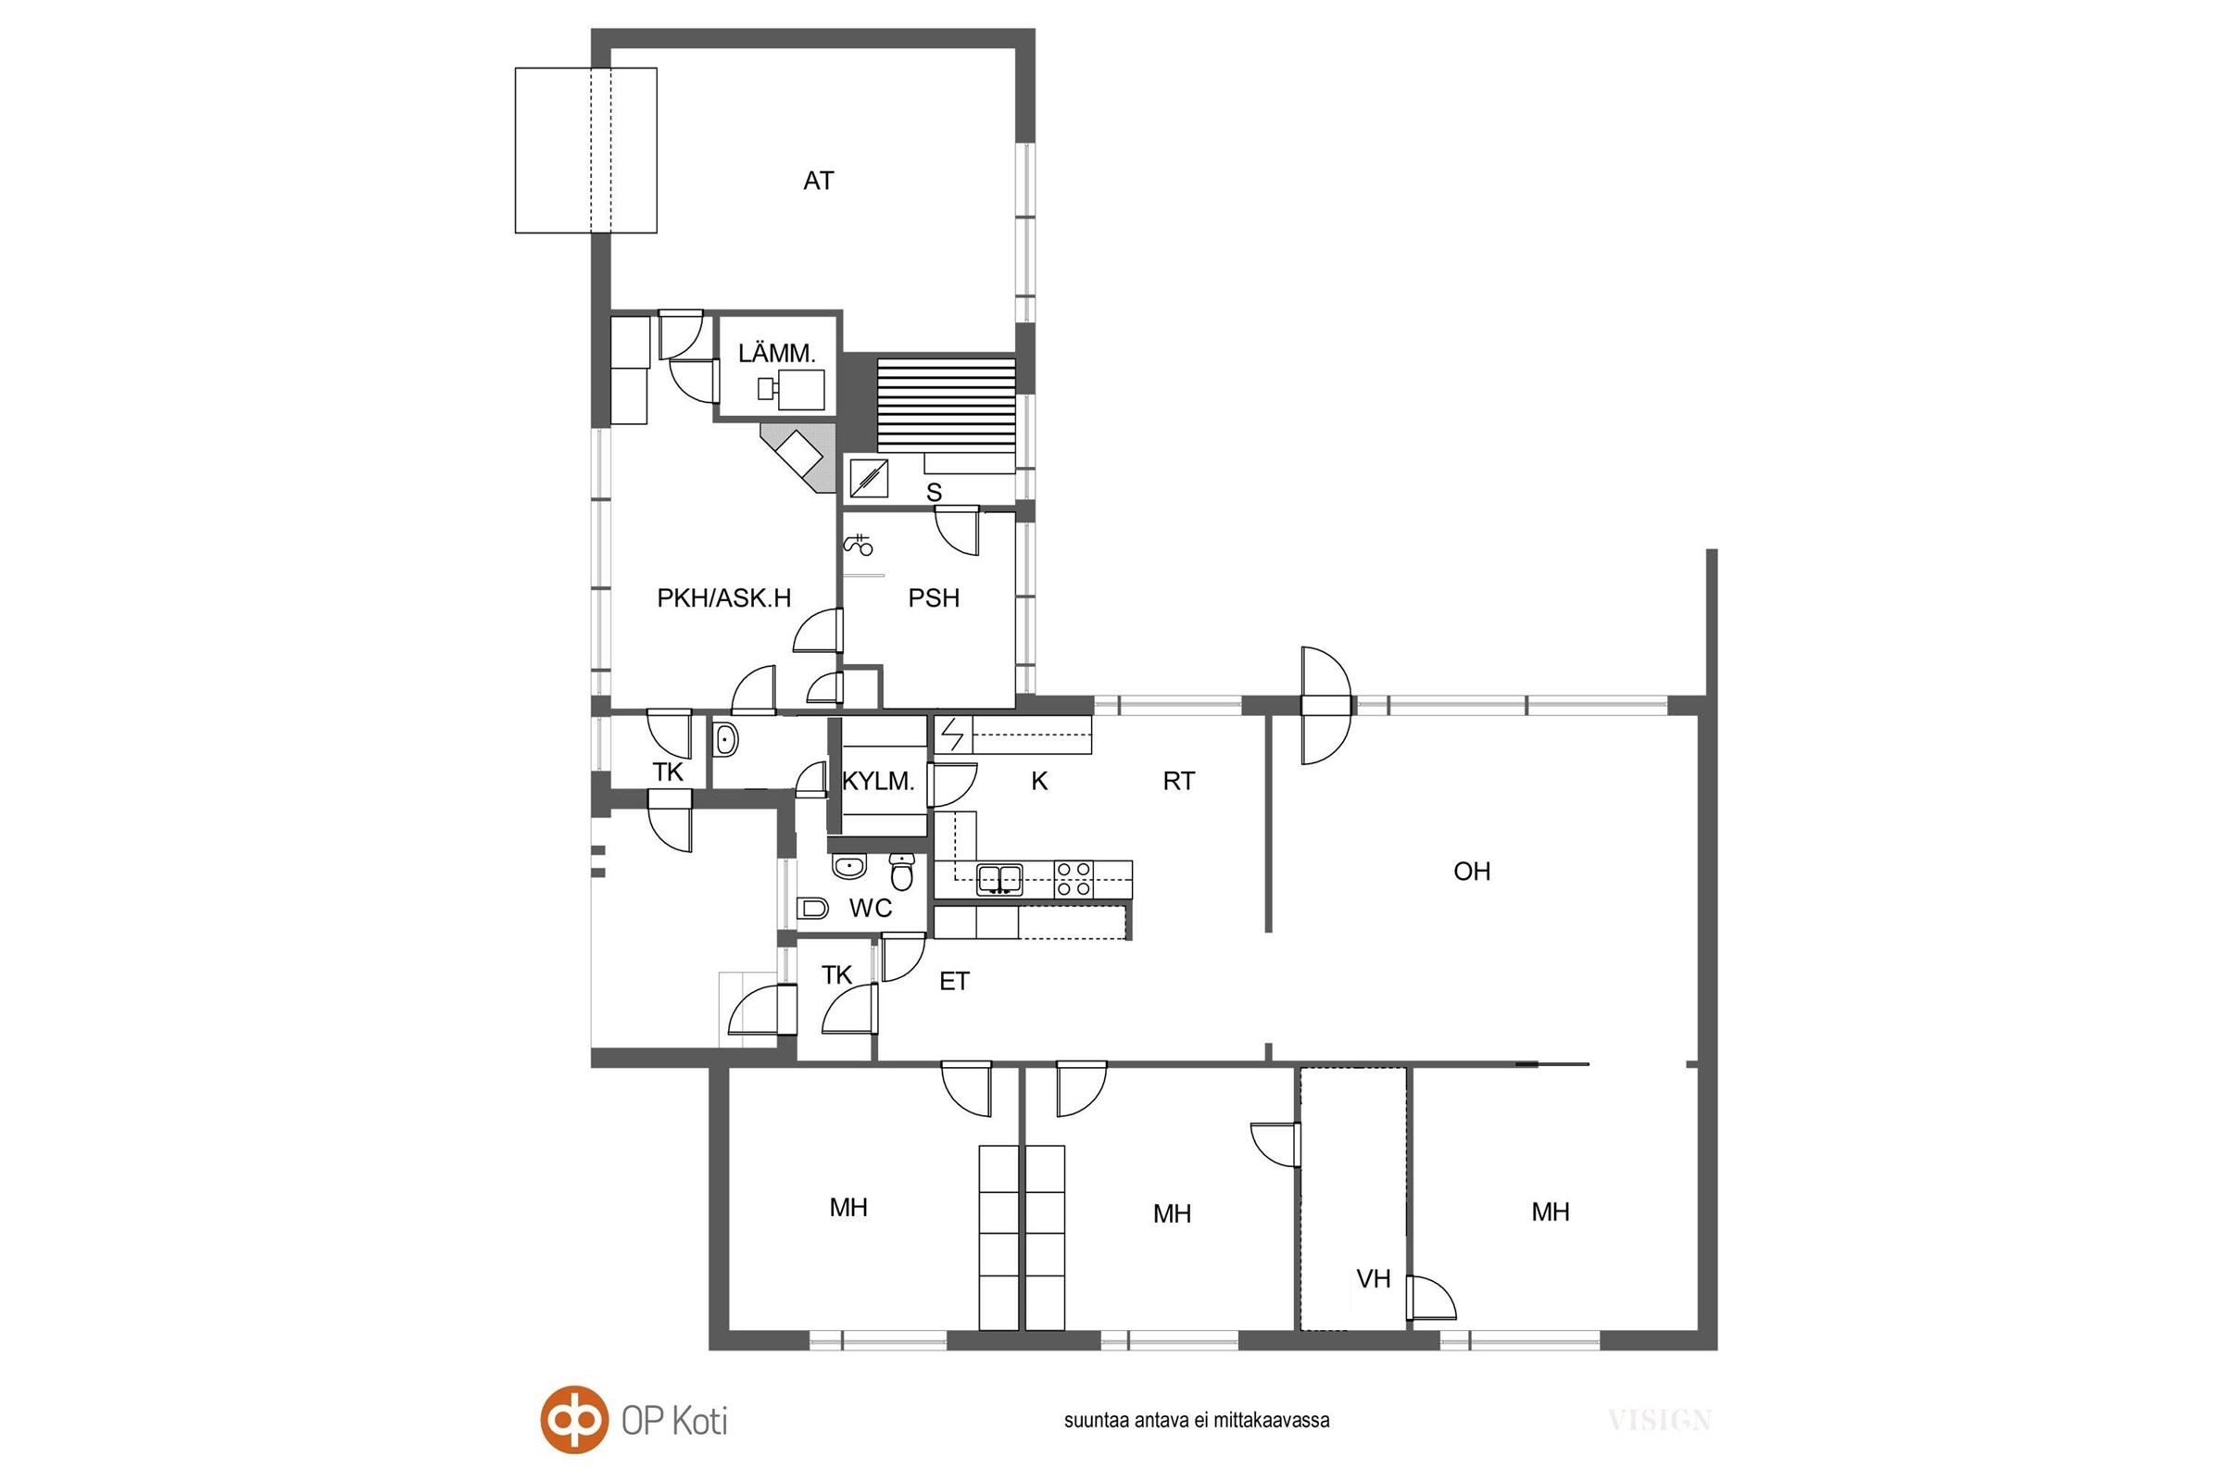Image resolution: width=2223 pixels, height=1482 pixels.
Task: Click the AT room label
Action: (819, 181)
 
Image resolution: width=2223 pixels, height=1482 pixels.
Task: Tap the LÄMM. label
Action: (776, 354)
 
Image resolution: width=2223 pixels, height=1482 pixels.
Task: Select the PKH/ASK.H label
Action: (724, 597)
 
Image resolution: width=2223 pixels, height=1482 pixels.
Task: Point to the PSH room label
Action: (934, 597)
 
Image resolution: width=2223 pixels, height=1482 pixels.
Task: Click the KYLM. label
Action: (878, 782)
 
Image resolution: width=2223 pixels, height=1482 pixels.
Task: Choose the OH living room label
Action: (1472, 872)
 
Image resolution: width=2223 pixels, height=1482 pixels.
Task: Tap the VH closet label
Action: (1374, 1279)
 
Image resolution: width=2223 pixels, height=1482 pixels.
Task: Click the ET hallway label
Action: (955, 982)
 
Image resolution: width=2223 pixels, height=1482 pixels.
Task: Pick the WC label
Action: (871, 909)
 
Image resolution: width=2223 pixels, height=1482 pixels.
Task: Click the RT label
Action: (1178, 781)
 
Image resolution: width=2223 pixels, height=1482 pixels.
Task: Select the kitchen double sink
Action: (999, 879)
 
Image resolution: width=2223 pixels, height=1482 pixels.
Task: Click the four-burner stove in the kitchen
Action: (1074, 879)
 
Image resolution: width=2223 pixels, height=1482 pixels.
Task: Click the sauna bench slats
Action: (946, 405)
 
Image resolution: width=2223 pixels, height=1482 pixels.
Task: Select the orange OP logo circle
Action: (573, 1419)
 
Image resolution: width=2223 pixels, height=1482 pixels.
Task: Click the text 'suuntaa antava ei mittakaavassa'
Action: (1197, 1420)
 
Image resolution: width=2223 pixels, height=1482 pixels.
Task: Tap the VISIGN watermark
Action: (1660, 1420)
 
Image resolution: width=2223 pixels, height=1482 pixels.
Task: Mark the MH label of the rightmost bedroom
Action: (1550, 1212)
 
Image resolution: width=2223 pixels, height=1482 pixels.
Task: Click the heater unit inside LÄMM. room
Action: (792, 389)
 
